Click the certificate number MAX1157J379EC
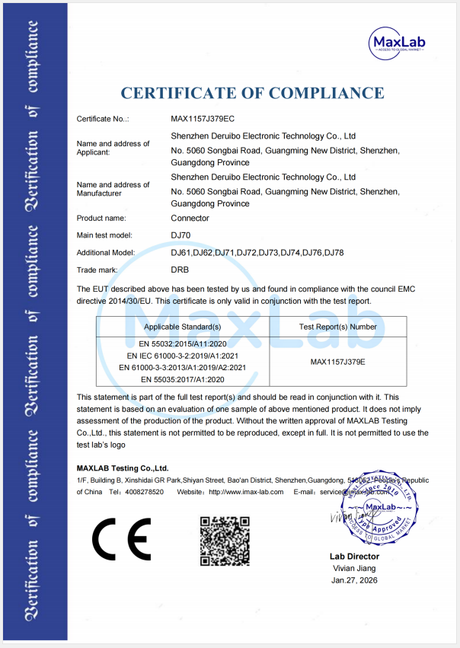203,119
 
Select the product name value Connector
190,219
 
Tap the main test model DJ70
180,235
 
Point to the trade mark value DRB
180,270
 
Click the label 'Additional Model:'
106,253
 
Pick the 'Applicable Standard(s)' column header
183,327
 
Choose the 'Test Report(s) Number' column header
338,327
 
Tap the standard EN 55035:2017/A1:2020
183,378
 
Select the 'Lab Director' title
354,557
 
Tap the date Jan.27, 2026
354,580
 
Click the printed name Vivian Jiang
354,569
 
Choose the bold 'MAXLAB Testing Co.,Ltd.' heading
123,468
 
